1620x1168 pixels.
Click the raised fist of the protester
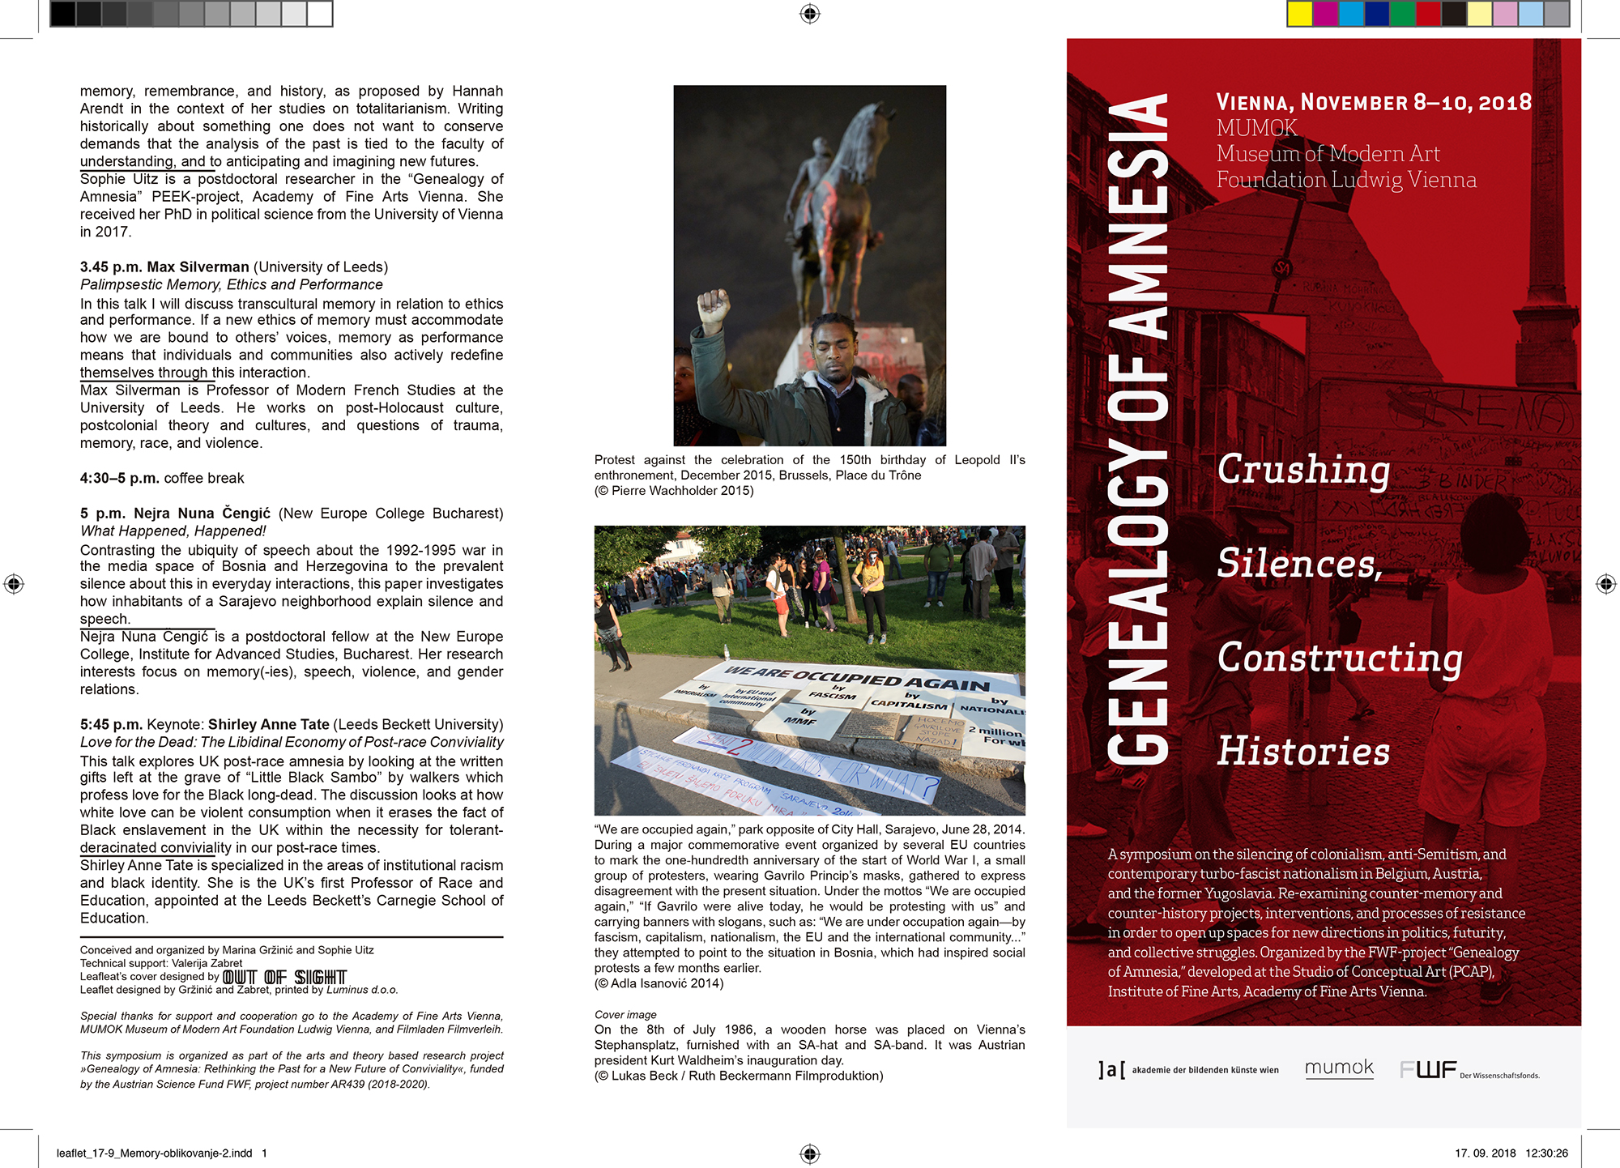714,308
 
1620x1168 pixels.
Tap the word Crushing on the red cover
1303,470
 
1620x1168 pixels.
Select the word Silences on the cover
1299,564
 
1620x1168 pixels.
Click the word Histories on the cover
1303,752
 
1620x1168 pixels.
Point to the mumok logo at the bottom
1339,1068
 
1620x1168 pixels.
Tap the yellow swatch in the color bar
1300,14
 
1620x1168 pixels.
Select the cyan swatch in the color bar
1351,14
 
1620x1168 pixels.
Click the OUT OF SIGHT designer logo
284,978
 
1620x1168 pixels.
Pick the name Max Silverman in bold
198,267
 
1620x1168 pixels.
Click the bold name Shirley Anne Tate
268,725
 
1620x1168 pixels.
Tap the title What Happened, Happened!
173,531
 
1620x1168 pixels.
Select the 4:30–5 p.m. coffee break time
119,479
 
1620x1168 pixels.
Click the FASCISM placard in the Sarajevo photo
833,693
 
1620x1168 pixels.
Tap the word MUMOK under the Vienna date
1256,128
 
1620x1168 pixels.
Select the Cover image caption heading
625,1015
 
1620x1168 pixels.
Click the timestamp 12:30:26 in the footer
1546,1153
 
